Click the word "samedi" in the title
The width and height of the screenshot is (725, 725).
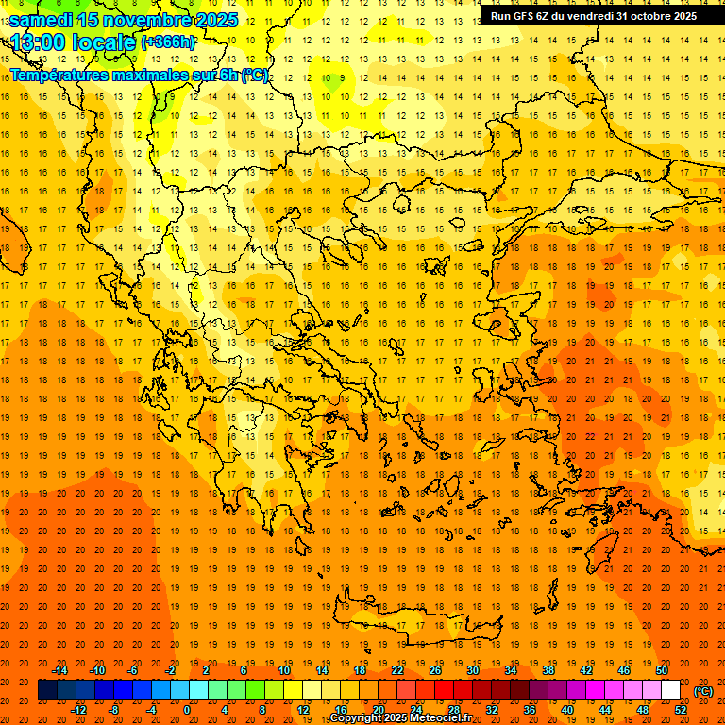tap(43, 19)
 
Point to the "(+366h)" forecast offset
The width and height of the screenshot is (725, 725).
tap(167, 42)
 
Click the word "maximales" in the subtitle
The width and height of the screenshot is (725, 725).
tap(167, 75)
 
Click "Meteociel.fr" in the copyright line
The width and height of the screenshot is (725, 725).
tap(441, 718)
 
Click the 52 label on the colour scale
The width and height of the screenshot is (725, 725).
tap(681, 710)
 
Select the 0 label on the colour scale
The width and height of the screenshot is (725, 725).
tap(187, 710)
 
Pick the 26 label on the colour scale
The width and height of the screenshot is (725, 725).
tap(435, 670)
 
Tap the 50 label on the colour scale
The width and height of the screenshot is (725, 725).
tap(662, 670)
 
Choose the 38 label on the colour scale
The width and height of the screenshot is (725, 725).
tap(548, 670)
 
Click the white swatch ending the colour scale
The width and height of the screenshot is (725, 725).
tap(670, 690)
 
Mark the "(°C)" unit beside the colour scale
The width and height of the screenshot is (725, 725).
tap(703, 691)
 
